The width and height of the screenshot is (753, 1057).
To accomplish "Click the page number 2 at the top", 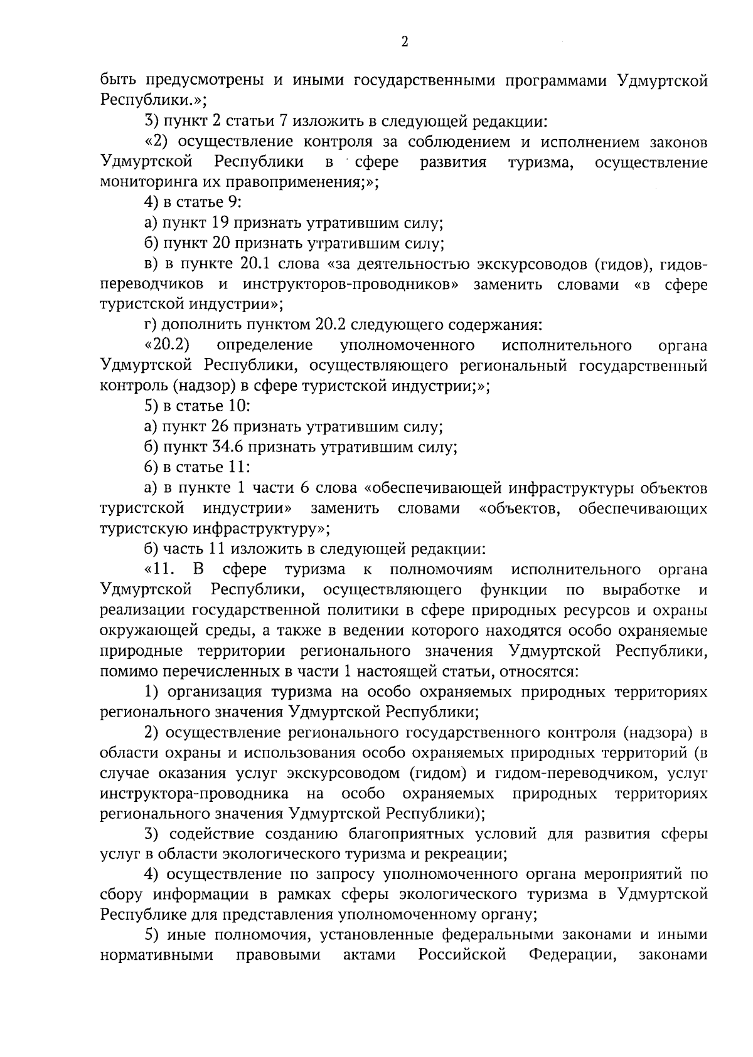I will (404, 41).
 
